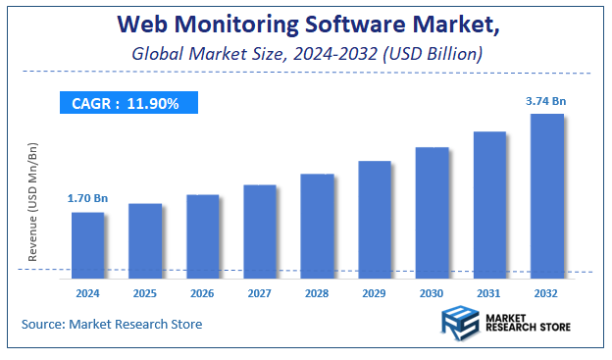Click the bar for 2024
[88, 241]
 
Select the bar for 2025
[145, 236]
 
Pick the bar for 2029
[375, 216]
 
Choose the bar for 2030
[432, 209]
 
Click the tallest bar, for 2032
[547, 192]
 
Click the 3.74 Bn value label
[546, 99]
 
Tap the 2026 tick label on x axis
[203, 292]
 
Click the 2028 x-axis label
[318, 292]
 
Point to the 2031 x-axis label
[489, 292]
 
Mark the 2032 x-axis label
[547, 292]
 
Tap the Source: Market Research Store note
[111, 324]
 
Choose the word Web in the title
[138, 24]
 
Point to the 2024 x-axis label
[88, 292]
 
